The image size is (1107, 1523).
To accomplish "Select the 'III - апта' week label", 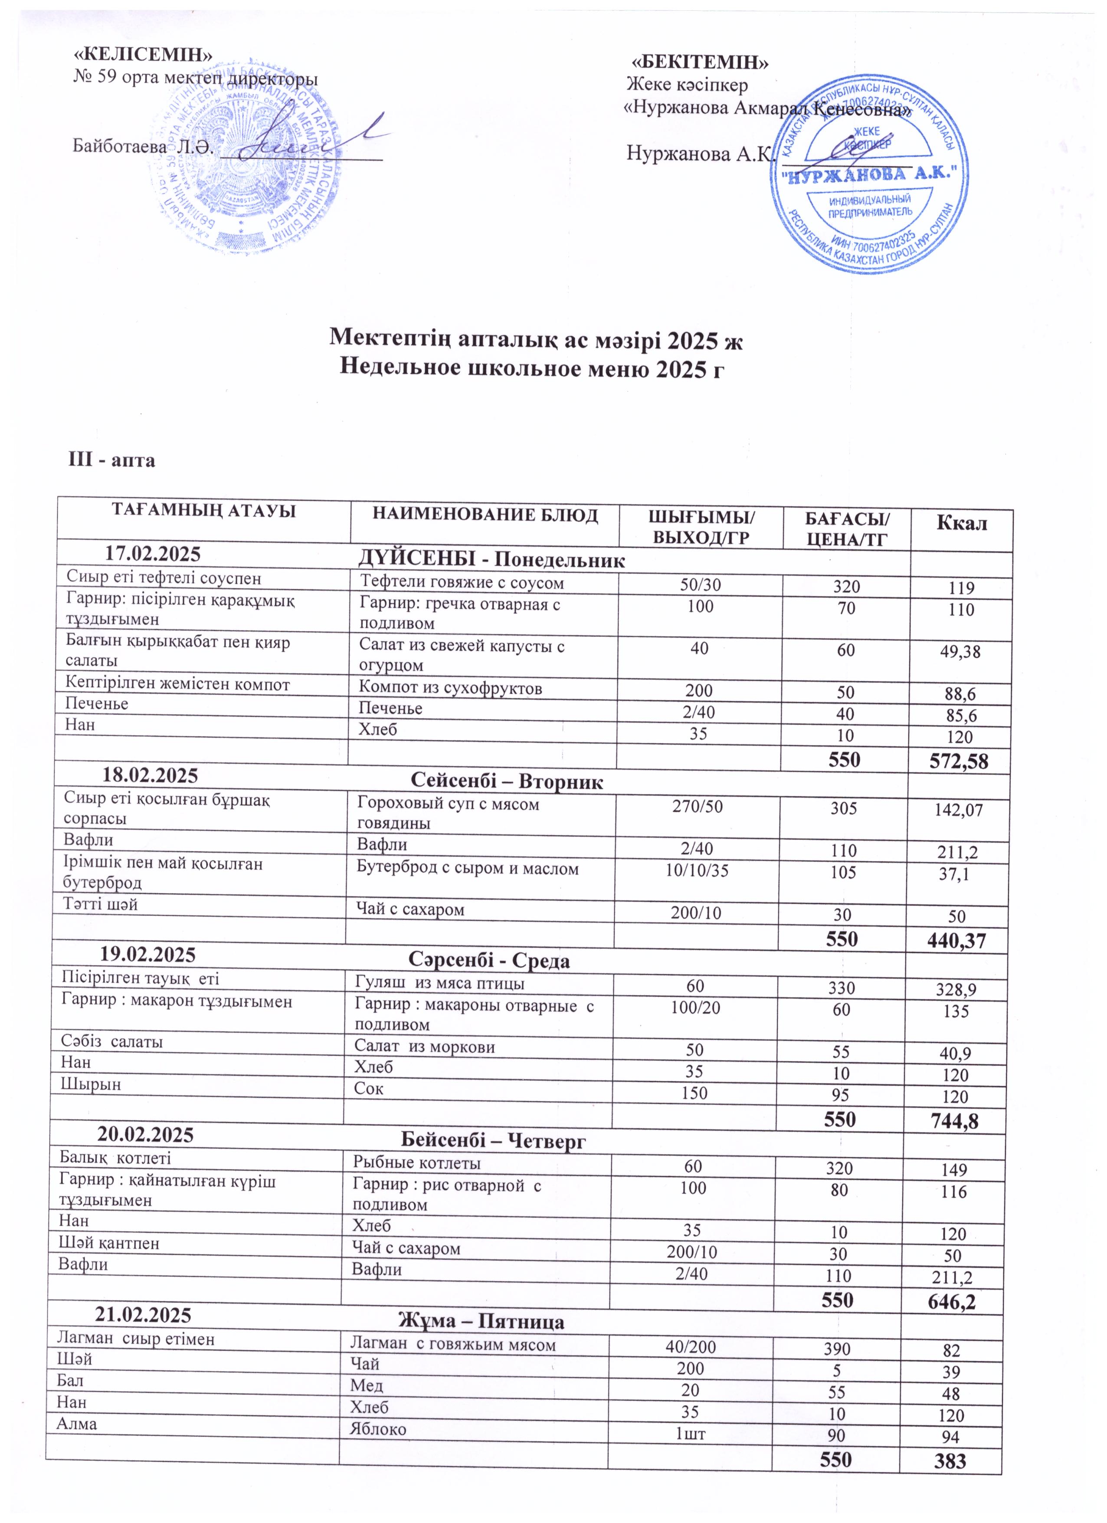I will [112, 461].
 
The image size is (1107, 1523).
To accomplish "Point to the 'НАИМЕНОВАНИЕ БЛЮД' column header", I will [485, 516].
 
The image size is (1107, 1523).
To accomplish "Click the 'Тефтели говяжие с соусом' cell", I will [462, 583].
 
